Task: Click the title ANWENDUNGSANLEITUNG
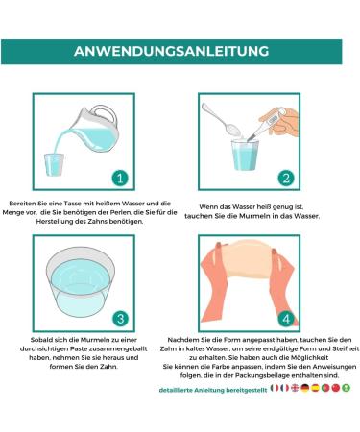(x=171, y=51)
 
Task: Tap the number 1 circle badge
(x=120, y=178)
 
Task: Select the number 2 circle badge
(x=286, y=178)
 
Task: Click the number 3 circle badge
(x=120, y=319)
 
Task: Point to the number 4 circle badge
(x=286, y=319)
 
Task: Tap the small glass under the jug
(x=54, y=164)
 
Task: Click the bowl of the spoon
(x=234, y=129)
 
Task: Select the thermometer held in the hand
(x=267, y=124)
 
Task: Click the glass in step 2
(x=245, y=155)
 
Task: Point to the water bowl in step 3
(x=81, y=281)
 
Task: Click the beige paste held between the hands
(x=248, y=258)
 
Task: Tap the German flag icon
(x=305, y=388)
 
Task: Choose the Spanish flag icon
(x=315, y=388)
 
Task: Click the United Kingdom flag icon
(x=295, y=388)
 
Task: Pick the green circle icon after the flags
(x=346, y=388)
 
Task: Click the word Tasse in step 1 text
(x=72, y=204)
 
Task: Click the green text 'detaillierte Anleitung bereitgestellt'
(x=213, y=390)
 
